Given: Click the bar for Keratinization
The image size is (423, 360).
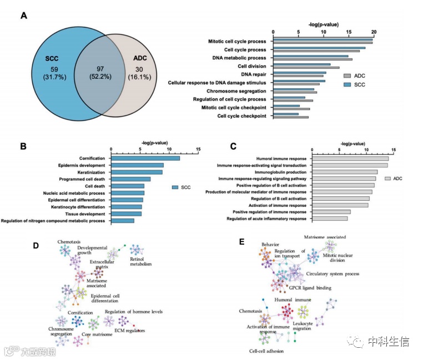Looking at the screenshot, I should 137,172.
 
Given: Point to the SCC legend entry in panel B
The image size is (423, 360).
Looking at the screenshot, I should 181,188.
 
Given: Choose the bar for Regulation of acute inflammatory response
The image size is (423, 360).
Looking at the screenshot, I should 330,219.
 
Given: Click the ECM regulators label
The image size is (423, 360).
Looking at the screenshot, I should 130,330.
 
